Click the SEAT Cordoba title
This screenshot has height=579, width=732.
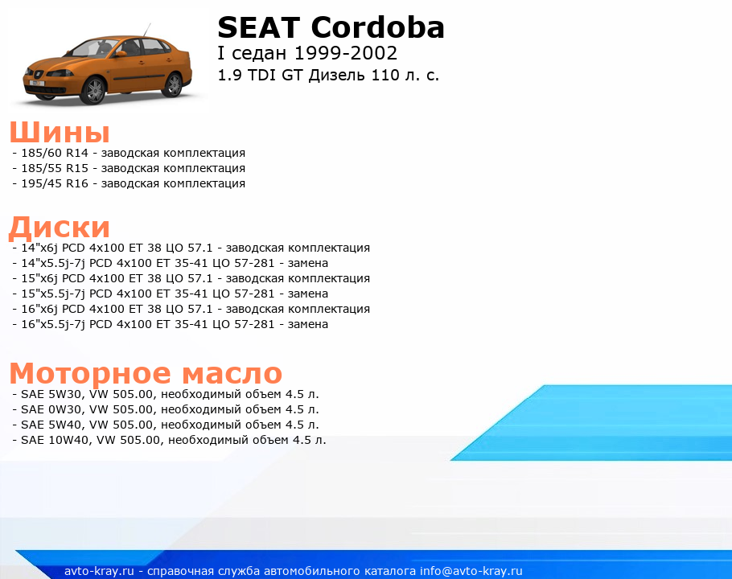pyautogui.click(x=331, y=27)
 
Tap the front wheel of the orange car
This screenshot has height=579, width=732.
pyautogui.click(x=93, y=90)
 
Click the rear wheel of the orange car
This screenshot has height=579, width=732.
pyautogui.click(x=174, y=85)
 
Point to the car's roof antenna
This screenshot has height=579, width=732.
pyautogui.click(x=147, y=30)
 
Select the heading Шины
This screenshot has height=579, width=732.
pyautogui.click(x=60, y=132)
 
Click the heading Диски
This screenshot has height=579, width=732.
pyautogui.click(x=60, y=228)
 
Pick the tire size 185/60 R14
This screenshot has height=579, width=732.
pyautogui.click(x=55, y=153)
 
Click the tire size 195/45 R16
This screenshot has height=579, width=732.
pyautogui.click(x=55, y=184)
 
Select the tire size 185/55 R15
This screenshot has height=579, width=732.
pyautogui.click(x=55, y=168)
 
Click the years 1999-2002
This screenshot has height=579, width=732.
pyautogui.click(x=345, y=53)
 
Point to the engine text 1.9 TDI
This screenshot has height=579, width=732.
pyautogui.click(x=246, y=75)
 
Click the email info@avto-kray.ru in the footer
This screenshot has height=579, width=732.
pyautogui.click(x=471, y=571)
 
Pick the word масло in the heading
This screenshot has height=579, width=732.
pyautogui.click(x=232, y=373)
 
